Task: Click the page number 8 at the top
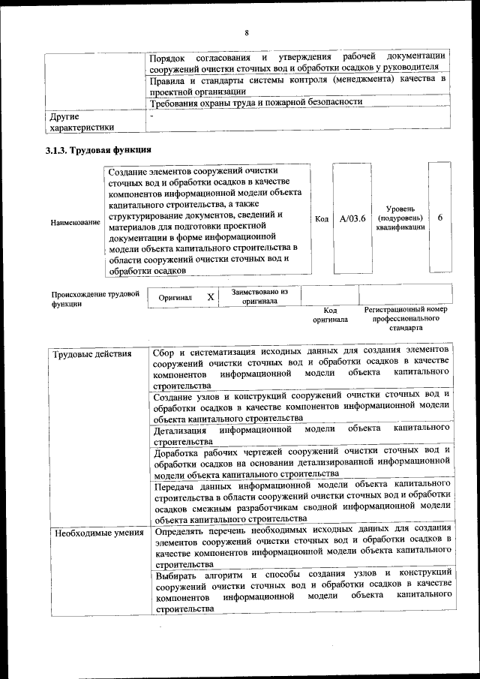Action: click(245, 32)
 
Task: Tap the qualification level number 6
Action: click(439, 218)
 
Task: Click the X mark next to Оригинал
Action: click(211, 297)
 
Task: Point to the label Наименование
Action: click(75, 223)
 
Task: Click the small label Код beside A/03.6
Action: click(321, 219)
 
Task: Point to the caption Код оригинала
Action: click(330, 314)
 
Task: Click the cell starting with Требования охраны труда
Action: click(256, 102)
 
